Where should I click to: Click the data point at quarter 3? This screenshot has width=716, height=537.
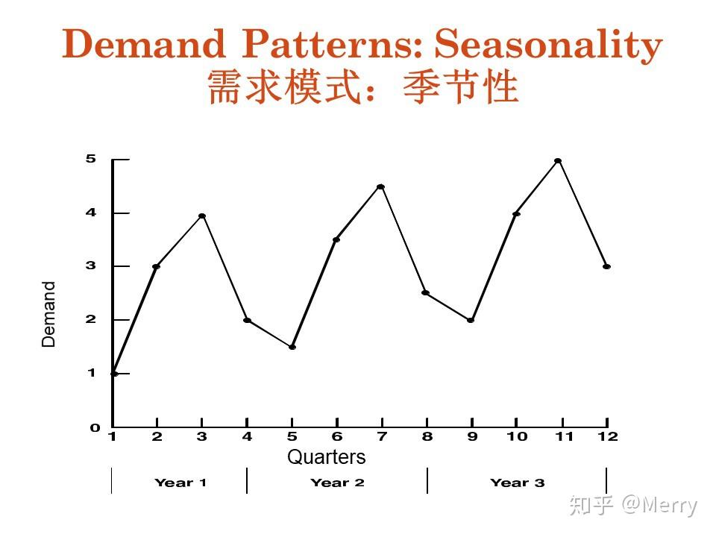click(x=202, y=216)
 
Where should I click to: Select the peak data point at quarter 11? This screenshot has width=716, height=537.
click(x=558, y=160)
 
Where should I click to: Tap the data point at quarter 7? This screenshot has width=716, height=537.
click(x=381, y=186)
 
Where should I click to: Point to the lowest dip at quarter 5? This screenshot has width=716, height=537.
click(x=292, y=347)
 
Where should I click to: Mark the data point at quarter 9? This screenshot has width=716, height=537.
click(x=471, y=320)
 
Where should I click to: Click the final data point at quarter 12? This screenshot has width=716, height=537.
click(x=606, y=266)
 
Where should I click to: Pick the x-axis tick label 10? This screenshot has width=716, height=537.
click(x=517, y=437)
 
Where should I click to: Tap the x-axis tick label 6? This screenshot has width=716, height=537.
click(x=337, y=437)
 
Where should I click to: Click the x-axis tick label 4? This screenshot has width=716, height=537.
click(x=247, y=437)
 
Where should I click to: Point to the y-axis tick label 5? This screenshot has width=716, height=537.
click(x=91, y=159)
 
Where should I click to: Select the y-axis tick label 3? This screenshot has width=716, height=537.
click(x=91, y=266)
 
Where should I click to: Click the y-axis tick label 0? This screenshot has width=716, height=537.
click(x=95, y=428)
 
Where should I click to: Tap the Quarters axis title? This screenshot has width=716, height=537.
click(x=327, y=457)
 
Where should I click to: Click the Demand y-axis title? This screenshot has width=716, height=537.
click(x=49, y=314)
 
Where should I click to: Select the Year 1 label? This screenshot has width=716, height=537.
click(x=180, y=483)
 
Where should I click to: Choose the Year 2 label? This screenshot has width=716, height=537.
click(x=337, y=483)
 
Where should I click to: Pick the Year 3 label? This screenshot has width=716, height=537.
click(x=518, y=483)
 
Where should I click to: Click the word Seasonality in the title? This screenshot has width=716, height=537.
click(x=549, y=45)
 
